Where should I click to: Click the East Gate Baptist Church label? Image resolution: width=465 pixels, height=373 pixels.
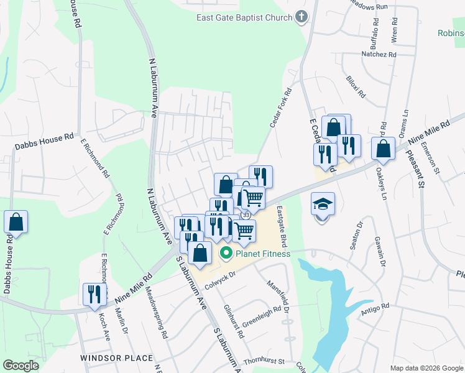tap(244, 17)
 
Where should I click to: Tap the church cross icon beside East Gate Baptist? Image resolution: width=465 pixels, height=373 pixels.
tap(302, 17)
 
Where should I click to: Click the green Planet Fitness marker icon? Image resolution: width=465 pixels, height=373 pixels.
tap(226, 254)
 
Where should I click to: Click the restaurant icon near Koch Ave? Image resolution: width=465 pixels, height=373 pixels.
tap(94, 294)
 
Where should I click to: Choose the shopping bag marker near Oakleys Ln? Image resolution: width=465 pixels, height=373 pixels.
tap(383, 149)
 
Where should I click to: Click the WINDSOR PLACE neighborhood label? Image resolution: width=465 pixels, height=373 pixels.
tap(116, 358)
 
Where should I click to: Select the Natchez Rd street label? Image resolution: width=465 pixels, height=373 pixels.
tap(379, 55)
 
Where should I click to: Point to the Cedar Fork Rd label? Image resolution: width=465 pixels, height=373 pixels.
tap(281, 108)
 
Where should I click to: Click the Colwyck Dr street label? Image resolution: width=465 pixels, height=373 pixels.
tap(221, 280)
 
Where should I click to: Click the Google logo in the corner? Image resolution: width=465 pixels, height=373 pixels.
tap(21, 366)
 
